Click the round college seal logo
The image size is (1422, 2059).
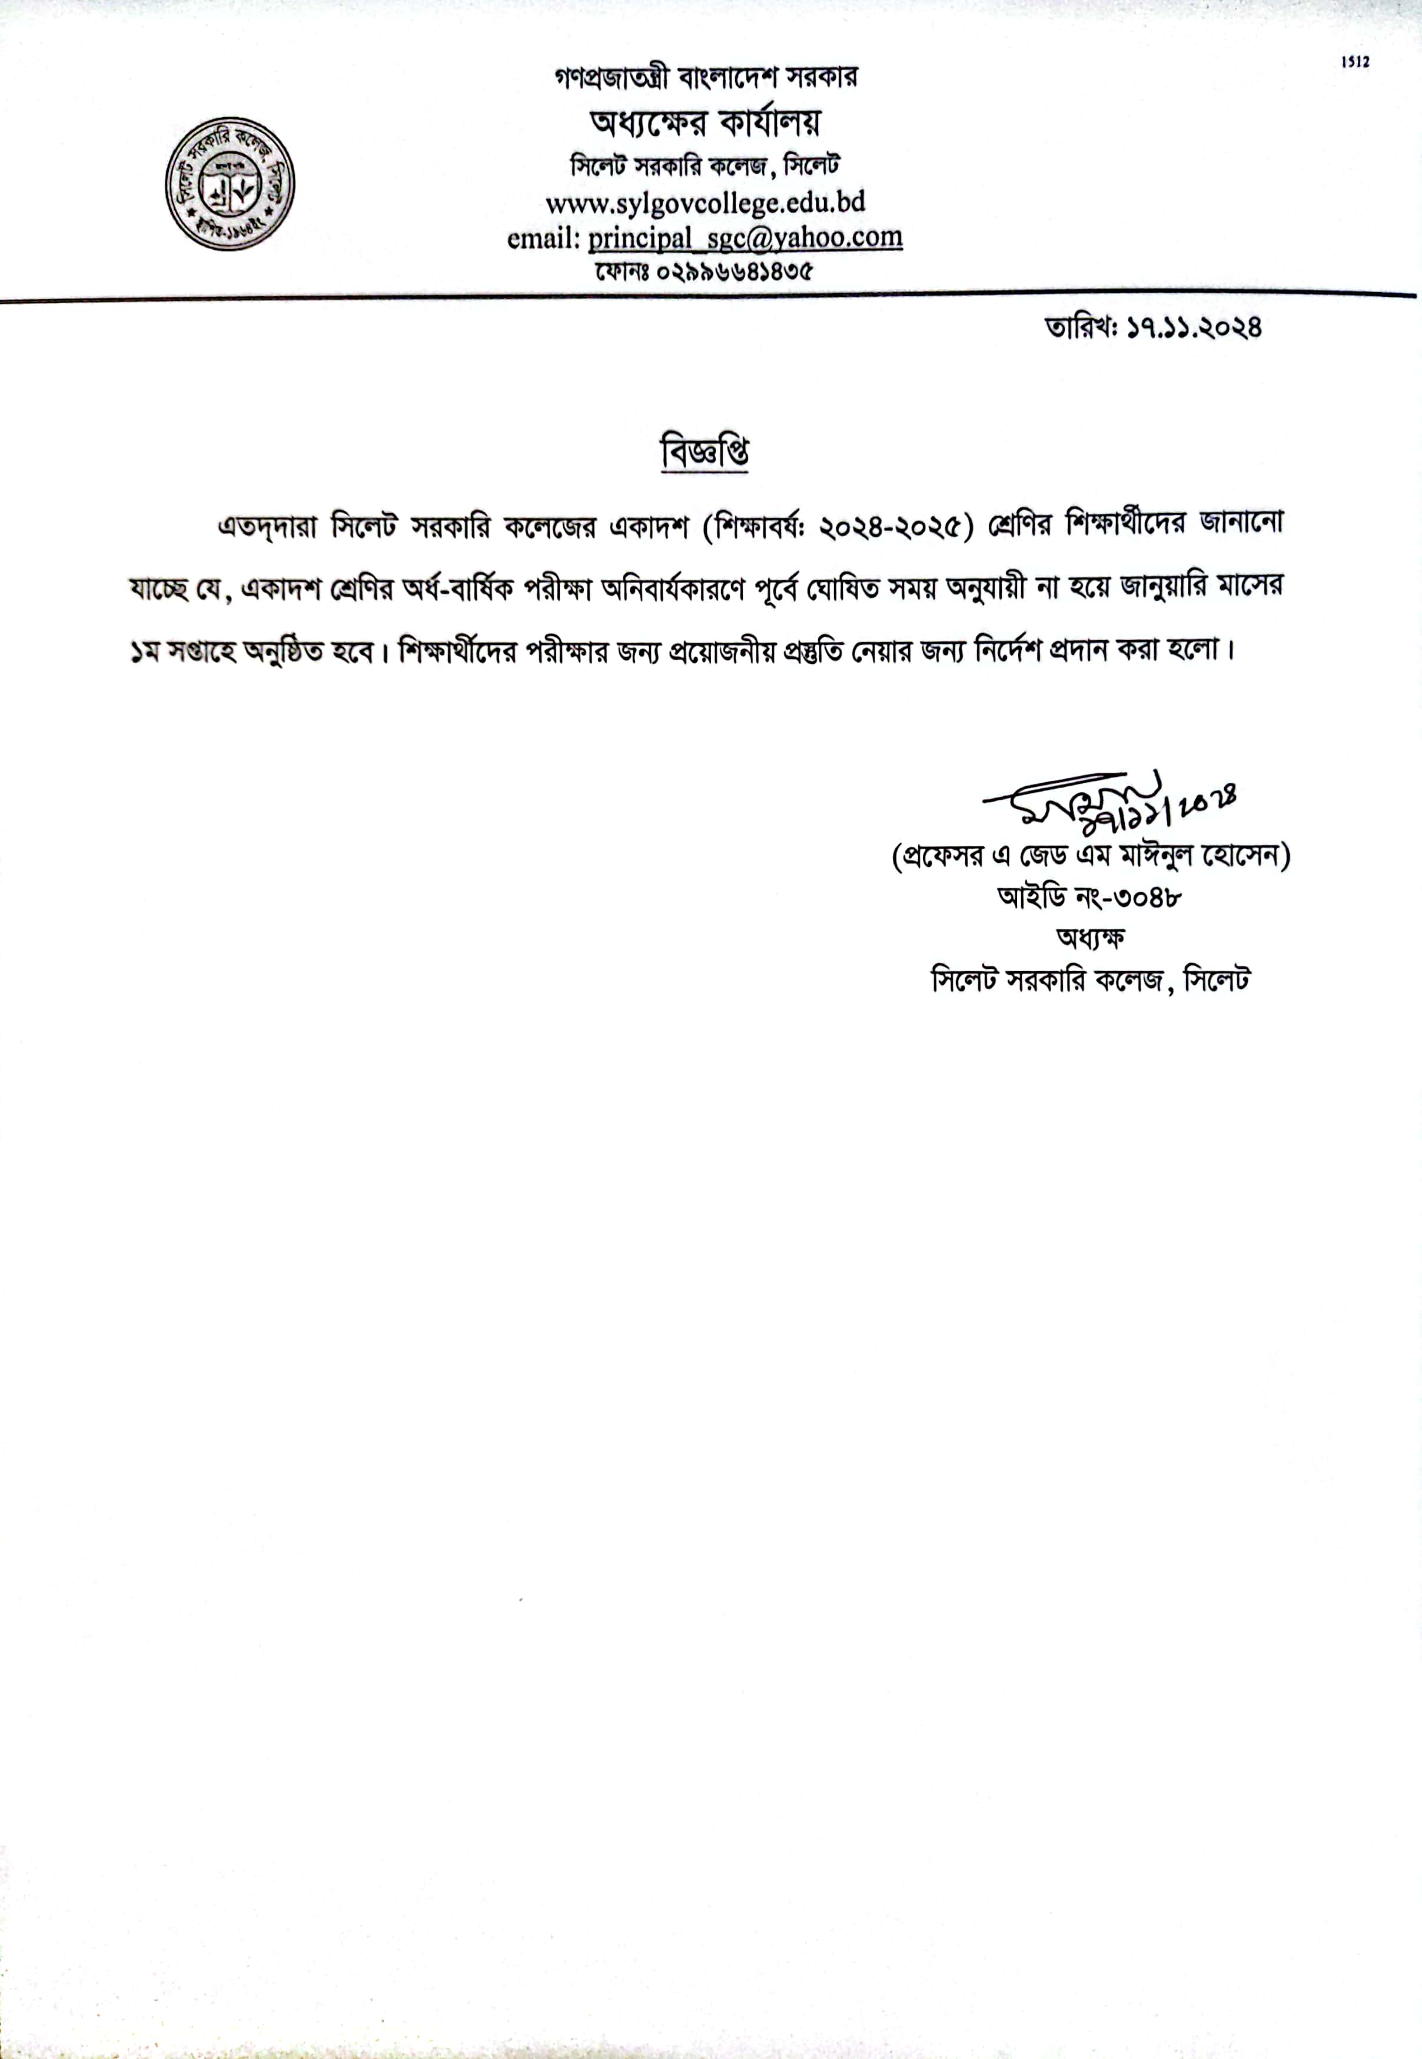(230, 184)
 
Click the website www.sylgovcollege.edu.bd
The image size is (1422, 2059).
(705, 203)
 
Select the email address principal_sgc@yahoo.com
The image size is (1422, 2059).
(745, 237)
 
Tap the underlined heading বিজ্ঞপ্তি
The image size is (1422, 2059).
(704, 453)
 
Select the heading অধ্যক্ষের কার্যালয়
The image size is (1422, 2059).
(705, 121)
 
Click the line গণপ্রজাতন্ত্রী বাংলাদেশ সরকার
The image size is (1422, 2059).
(705, 78)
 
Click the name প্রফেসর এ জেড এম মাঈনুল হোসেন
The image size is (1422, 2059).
(1091, 856)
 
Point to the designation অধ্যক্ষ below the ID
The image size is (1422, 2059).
(1091, 938)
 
